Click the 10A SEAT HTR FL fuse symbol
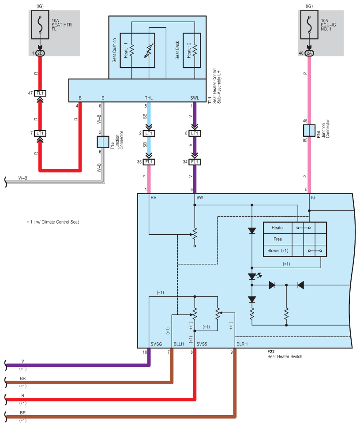(40, 25)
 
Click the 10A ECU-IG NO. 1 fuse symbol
(309, 25)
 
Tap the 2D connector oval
(40, 53)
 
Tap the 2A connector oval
(309, 53)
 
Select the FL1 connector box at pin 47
(40, 93)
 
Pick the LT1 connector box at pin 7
(40, 133)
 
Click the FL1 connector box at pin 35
(149, 162)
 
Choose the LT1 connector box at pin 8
(195, 133)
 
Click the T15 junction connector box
(103, 142)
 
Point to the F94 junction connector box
(309, 131)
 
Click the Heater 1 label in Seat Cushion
(126, 50)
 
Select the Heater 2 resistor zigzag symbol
(195, 50)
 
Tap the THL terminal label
(149, 98)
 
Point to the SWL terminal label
(195, 98)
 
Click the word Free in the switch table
(277, 239)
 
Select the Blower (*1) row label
(277, 251)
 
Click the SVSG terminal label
(156, 344)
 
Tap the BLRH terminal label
(242, 344)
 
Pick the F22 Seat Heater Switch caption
(285, 354)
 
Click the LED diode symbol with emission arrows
(254, 276)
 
